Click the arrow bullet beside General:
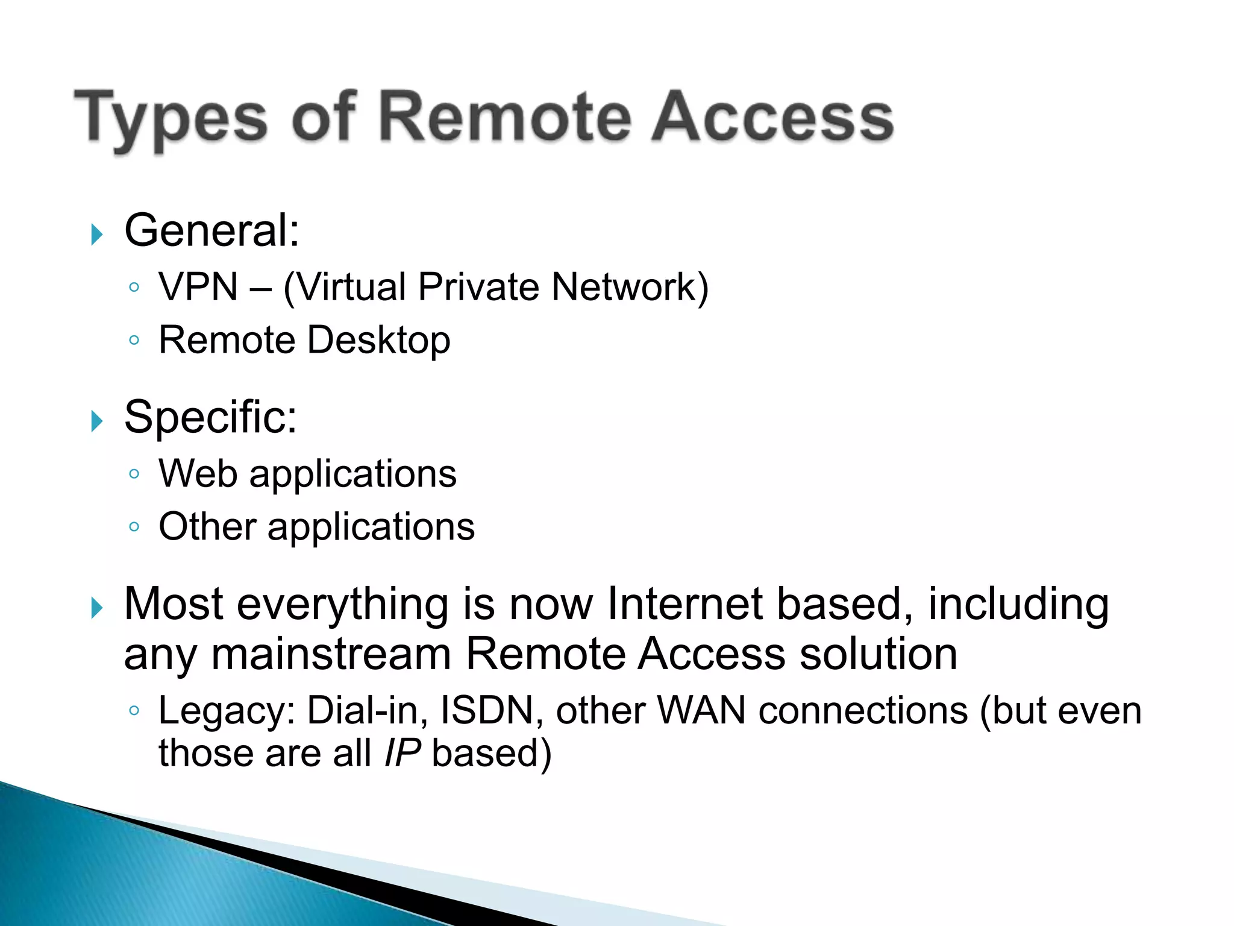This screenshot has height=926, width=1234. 97,234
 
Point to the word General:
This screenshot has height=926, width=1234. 211,231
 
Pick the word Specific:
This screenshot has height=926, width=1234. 210,417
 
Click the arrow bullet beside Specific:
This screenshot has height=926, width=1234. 97,421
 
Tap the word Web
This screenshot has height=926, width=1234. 198,473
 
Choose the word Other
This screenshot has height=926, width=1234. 207,526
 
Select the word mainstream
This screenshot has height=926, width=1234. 331,655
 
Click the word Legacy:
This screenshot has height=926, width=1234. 227,711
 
